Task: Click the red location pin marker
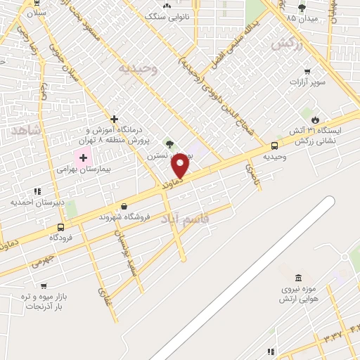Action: pos(181,166)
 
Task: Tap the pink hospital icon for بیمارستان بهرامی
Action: pos(83,157)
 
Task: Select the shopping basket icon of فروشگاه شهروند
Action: pos(124,207)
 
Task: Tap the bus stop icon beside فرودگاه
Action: pos(61,227)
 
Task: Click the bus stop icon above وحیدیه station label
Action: pos(274,146)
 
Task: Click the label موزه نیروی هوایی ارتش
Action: pos(300,294)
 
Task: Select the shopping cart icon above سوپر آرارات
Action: pos(307,72)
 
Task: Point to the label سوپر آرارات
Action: pos(307,82)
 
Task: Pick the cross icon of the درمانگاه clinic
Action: pos(114,120)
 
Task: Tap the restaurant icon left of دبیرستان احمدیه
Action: pos(37,191)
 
